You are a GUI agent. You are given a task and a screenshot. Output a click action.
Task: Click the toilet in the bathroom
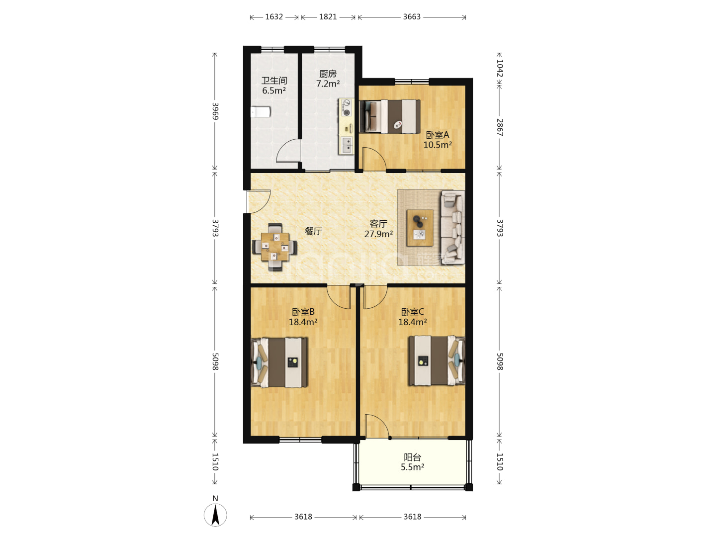point(261,112)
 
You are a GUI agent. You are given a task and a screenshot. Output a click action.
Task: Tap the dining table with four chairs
point(274,247)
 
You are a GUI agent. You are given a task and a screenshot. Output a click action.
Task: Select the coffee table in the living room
point(420,228)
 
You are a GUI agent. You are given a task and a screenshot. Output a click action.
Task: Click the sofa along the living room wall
point(452,227)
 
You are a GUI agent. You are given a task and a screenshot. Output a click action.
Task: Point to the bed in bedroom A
point(389,116)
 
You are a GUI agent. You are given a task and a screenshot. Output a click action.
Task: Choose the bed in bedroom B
point(279,362)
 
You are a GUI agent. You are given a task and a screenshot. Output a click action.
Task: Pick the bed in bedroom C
point(437,360)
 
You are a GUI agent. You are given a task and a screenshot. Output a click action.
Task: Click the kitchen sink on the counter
point(347,145)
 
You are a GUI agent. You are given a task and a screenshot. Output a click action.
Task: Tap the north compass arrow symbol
point(215,515)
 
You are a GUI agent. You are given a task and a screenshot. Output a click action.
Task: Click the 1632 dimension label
point(273,16)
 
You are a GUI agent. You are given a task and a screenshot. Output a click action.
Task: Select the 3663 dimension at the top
point(412,16)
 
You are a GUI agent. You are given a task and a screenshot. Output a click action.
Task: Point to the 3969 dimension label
point(215,111)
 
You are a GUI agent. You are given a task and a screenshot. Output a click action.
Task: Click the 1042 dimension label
point(500,68)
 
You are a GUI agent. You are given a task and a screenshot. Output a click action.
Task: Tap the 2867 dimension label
point(500,127)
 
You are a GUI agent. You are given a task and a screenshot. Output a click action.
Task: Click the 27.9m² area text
point(378,234)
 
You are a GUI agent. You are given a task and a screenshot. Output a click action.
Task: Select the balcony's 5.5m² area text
point(412,467)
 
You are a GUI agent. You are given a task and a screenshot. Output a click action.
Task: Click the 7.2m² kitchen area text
point(328,84)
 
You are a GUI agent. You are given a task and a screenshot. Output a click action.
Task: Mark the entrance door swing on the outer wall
point(259,201)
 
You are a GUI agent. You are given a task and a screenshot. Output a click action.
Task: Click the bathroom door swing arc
point(288,150)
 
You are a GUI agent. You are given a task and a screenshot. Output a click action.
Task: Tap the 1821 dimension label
point(328,16)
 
